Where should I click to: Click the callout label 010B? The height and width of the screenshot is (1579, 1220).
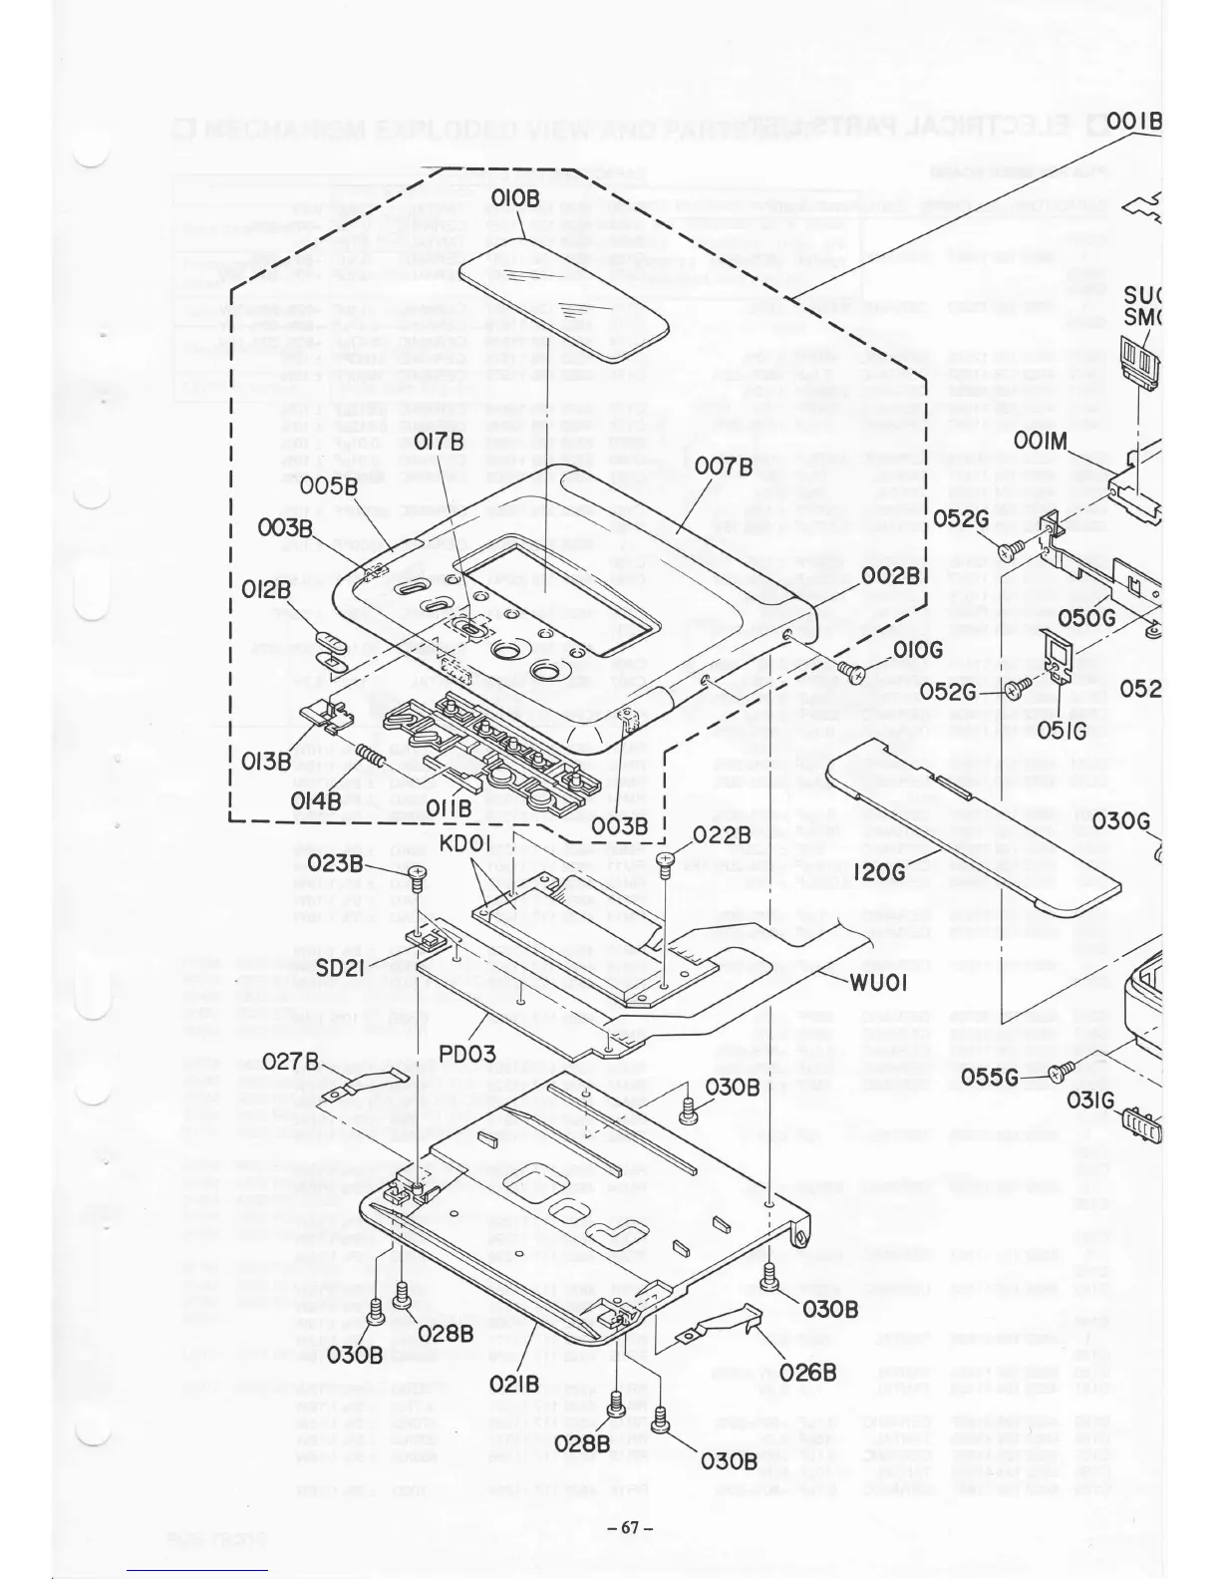pos(514,198)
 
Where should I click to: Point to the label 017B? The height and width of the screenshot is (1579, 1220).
pos(439,442)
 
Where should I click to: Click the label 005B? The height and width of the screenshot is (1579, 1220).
pos(330,485)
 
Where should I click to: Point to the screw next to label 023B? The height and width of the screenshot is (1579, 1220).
pos(417,875)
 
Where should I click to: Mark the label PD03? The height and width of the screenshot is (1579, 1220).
pos(467,1052)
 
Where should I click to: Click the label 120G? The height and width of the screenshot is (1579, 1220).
pos(880,872)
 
